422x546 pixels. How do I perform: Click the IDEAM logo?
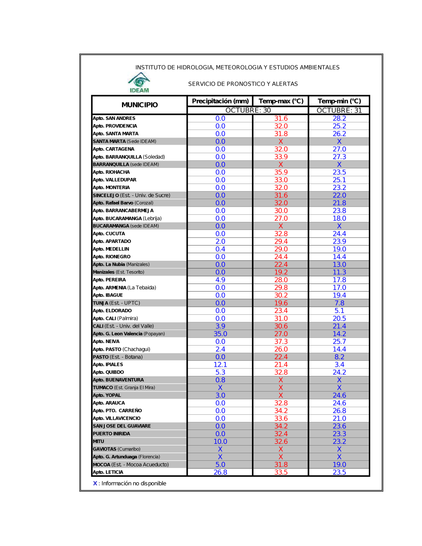(139, 83)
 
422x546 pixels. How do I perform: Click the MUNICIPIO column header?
(140, 105)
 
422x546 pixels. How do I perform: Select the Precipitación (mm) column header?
(220, 101)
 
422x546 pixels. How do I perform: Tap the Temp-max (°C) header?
(281, 101)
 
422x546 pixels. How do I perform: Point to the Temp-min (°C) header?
(339, 101)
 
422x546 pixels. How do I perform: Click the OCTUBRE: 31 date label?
(339, 111)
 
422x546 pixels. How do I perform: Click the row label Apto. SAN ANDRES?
(114, 119)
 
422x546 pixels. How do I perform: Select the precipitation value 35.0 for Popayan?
(220, 334)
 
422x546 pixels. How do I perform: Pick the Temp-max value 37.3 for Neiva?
(281, 341)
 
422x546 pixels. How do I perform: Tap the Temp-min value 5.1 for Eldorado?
(339, 311)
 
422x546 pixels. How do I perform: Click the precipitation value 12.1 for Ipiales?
(220, 365)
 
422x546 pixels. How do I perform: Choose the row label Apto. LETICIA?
(108, 472)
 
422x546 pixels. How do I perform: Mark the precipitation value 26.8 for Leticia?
(220, 472)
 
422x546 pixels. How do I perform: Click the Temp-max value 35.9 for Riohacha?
(281, 172)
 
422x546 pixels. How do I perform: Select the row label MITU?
(99, 441)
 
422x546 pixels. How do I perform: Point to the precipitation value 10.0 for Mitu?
(220, 441)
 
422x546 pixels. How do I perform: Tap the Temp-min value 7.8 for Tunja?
(339, 303)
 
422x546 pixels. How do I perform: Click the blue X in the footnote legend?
(95, 484)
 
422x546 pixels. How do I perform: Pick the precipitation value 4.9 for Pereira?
(220, 280)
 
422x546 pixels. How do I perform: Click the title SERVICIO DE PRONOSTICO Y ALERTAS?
(243, 84)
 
